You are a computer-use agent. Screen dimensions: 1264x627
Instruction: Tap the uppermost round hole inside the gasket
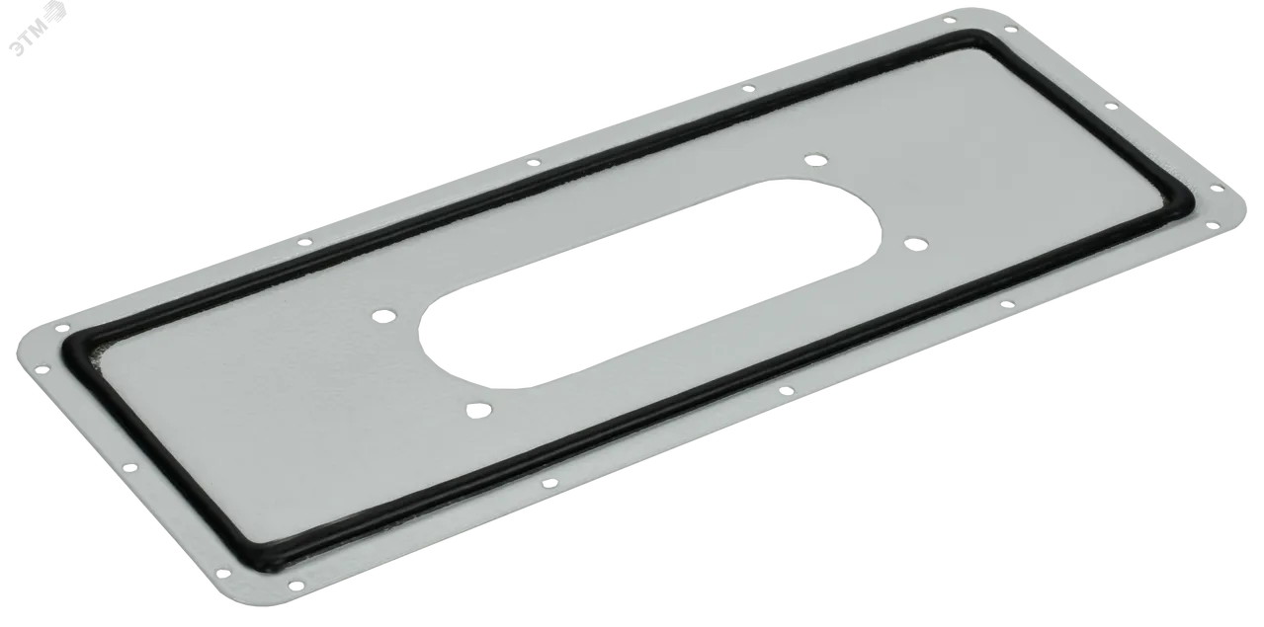pos(813,160)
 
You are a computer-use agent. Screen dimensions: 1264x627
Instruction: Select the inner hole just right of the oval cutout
pos(915,244)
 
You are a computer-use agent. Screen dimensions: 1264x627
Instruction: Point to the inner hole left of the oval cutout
pos(383,316)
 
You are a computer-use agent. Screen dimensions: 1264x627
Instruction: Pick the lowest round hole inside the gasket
pos(477,411)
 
